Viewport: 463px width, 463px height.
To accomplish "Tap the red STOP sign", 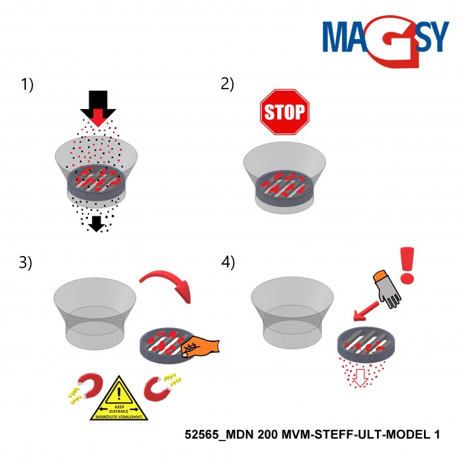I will tap(284, 110).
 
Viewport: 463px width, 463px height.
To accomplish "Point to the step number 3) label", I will tap(27, 262).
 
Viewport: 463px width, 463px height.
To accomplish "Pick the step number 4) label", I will tap(228, 262).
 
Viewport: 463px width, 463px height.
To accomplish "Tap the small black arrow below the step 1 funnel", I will tap(97, 224).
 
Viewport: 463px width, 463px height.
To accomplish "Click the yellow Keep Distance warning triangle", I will tap(119, 400).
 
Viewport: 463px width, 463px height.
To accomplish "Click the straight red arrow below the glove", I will tap(364, 312).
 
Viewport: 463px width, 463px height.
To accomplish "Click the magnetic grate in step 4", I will tap(364, 343).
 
